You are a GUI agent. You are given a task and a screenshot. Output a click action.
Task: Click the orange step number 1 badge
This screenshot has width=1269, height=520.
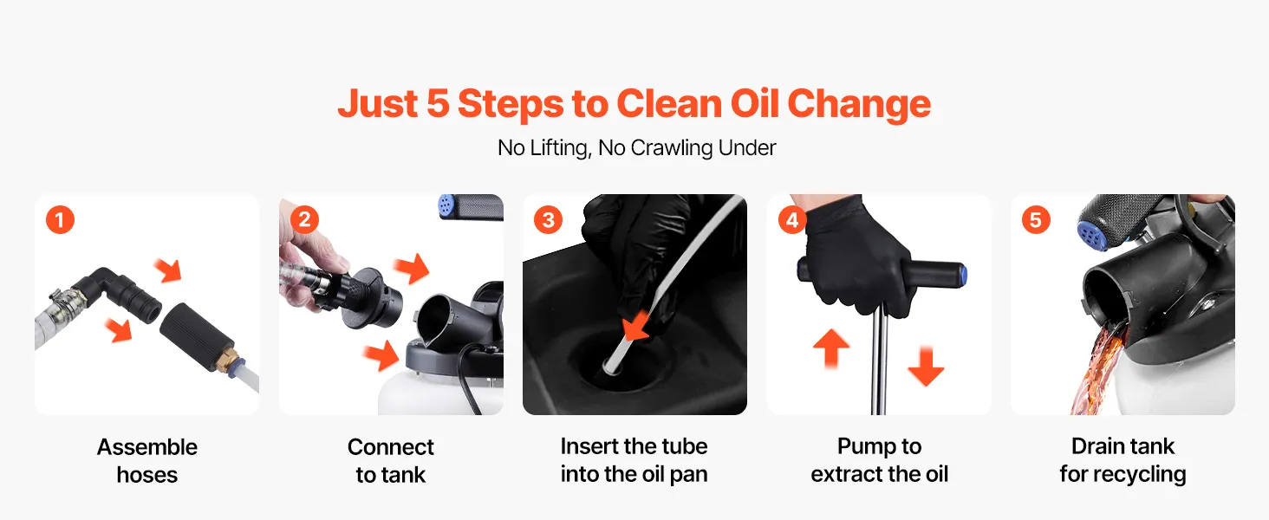pyautogui.click(x=60, y=220)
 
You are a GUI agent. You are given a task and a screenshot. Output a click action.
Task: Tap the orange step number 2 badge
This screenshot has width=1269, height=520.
pyautogui.click(x=304, y=219)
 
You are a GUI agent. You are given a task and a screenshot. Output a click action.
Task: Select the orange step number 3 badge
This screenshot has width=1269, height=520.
pyautogui.click(x=548, y=220)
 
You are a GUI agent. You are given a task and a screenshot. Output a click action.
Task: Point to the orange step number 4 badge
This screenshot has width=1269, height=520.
pyautogui.click(x=792, y=219)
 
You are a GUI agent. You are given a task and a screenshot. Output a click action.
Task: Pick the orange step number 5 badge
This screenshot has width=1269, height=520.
pyautogui.click(x=1036, y=220)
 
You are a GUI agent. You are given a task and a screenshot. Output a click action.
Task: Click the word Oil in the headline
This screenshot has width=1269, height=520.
pyautogui.click(x=754, y=104)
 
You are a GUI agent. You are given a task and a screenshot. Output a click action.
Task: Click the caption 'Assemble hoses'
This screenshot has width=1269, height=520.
pyautogui.click(x=147, y=460)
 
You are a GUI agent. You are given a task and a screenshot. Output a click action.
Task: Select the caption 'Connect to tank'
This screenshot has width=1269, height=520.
pyautogui.click(x=391, y=460)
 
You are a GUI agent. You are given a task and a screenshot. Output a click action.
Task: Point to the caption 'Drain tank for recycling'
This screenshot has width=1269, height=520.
pyautogui.click(x=1123, y=460)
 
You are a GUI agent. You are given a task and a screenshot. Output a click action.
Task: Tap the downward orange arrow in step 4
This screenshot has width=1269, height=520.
pyautogui.click(x=926, y=367)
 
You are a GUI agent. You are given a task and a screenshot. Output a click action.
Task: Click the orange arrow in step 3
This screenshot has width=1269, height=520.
pyautogui.click(x=635, y=326)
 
